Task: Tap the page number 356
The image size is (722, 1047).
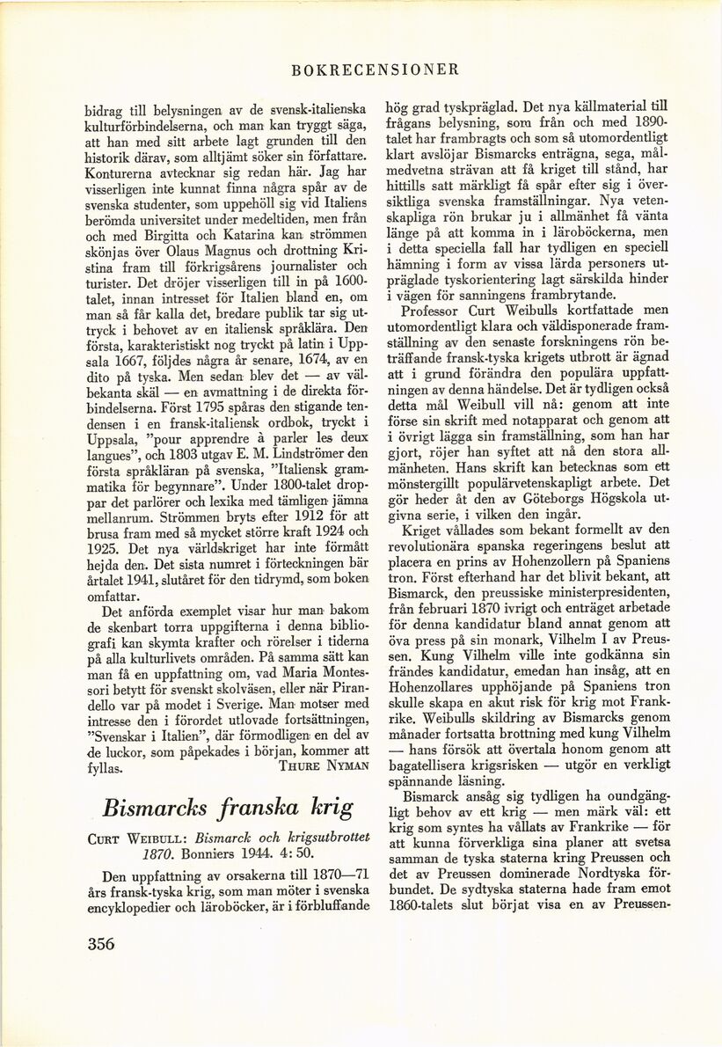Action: (101, 943)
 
